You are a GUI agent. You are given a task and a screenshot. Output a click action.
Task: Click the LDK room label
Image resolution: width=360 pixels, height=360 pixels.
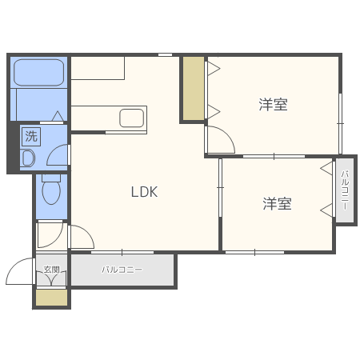click(145, 192)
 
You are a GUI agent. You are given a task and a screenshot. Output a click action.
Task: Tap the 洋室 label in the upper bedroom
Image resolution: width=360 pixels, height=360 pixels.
click(273, 104)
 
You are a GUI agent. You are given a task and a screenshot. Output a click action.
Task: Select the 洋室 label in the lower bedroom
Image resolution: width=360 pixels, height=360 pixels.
click(278, 204)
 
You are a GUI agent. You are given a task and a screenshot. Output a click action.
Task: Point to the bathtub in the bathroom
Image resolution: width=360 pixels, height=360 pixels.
click(38, 73)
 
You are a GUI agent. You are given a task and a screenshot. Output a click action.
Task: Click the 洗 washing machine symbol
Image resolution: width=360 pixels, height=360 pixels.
click(30, 135)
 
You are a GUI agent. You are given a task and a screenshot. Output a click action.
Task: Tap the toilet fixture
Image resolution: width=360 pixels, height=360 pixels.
click(50, 190)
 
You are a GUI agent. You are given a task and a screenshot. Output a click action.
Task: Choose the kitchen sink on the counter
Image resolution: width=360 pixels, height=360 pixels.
click(131, 118)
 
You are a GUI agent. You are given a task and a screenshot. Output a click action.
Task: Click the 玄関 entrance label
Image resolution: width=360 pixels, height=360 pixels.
click(51, 270)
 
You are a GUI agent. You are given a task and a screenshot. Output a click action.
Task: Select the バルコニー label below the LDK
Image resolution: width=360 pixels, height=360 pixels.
click(122, 270)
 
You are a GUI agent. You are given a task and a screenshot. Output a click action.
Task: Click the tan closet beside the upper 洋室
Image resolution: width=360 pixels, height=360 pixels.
click(193, 88)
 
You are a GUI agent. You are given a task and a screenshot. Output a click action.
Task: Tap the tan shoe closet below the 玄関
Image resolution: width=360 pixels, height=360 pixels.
click(51, 296)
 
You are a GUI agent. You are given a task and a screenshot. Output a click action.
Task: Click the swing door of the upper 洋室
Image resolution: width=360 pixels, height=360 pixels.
click(219, 139)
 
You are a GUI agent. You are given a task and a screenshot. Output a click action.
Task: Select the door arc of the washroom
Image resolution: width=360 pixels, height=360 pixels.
click(59, 155)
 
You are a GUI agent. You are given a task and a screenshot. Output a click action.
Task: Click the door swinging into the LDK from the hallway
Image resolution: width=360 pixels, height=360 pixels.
click(82, 237)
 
